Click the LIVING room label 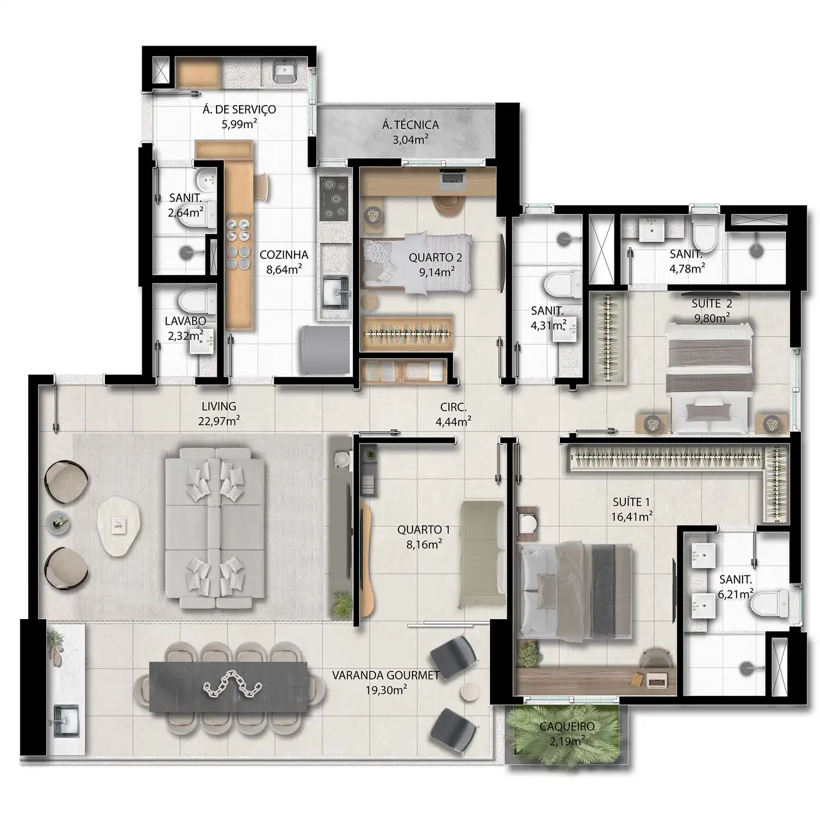[x=218, y=406]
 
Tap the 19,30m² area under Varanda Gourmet [x=386, y=690]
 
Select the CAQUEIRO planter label [x=567, y=726]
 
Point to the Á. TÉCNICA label [x=410, y=125]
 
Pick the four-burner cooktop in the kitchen [x=334, y=198]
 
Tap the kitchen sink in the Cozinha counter [x=335, y=292]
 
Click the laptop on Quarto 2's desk [x=452, y=179]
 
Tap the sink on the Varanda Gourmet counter [x=66, y=721]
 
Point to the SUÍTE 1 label [x=630, y=502]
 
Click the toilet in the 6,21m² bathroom [x=770, y=604]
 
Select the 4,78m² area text [x=687, y=268]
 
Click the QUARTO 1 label [x=423, y=529]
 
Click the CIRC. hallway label [x=453, y=407]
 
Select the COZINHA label [x=284, y=254]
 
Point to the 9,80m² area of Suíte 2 [x=712, y=318]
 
